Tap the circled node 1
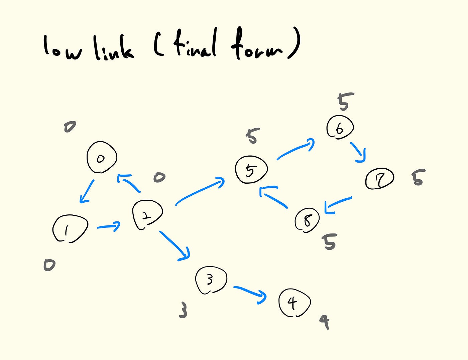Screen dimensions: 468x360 pyautogui.click(x=70, y=229)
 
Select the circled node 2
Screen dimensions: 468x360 pyautogui.click(x=147, y=215)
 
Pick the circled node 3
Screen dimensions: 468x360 pyautogui.click(x=211, y=280)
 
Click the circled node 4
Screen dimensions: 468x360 pyautogui.click(x=294, y=303)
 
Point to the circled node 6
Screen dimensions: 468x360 pyautogui.click(x=340, y=127)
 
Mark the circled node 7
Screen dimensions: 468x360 pyautogui.click(x=379, y=179)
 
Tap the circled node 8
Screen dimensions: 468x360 pyautogui.click(x=307, y=220)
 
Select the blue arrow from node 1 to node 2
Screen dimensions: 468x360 pyautogui.click(x=109, y=226)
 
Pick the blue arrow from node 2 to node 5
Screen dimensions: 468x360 pyautogui.click(x=200, y=191)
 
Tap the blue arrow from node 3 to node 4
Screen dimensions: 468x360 pyautogui.click(x=250, y=293)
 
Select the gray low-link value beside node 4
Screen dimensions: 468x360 pyautogui.click(x=325, y=322)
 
